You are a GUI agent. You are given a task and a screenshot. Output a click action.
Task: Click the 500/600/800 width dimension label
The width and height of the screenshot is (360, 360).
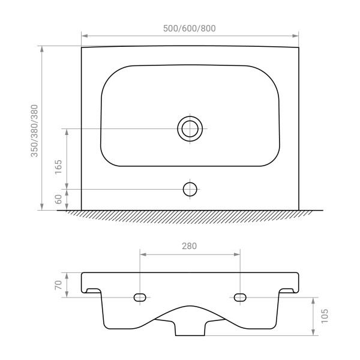pyautogui.click(x=190, y=28)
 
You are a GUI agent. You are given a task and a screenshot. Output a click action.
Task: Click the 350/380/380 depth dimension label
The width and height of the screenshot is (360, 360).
pyautogui.click(x=34, y=131)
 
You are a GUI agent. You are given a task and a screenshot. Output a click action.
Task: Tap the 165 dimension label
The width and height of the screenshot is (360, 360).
pyautogui.click(x=59, y=167)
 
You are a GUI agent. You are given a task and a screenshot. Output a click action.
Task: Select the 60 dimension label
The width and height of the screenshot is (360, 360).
pyautogui.click(x=59, y=199)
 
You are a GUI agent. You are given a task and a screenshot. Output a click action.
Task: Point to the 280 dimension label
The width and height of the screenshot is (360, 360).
pyautogui.click(x=190, y=246)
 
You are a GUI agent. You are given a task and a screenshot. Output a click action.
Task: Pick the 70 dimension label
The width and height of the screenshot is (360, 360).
pyautogui.click(x=59, y=285)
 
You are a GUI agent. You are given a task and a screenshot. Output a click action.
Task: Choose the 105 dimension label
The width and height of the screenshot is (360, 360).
pyautogui.click(x=325, y=316)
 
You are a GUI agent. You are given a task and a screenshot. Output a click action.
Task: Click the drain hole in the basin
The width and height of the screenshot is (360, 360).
pyautogui.click(x=190, y=129)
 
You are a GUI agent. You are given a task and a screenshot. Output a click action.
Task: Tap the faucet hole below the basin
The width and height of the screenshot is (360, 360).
pyautogui.click(x=190, y=190)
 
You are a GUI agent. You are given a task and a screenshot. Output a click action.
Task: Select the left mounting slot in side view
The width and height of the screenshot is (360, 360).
pyautogui.click(x=140, y=298)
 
